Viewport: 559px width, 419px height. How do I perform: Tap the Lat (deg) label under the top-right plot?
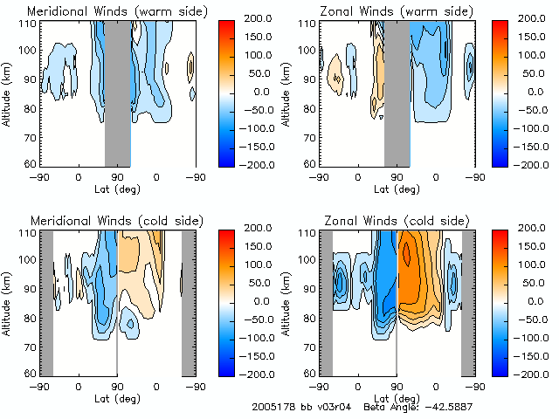[x=397, y=188]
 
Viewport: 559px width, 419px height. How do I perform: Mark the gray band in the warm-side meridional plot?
[x=118, y=92]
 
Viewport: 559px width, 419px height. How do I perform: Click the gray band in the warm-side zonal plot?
[x=397, y=92]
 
